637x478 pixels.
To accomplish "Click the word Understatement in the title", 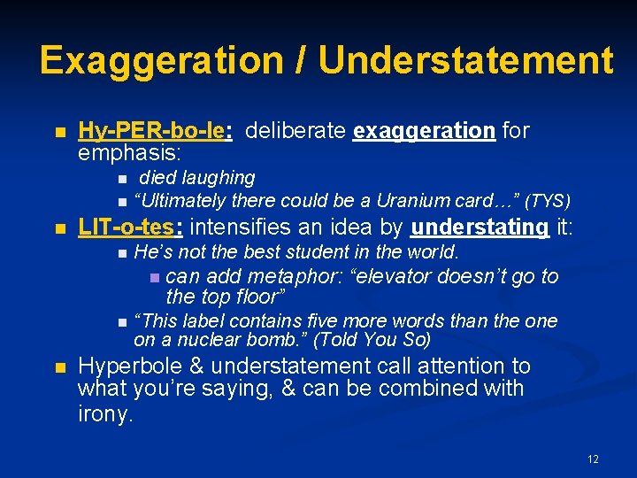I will (465, 60).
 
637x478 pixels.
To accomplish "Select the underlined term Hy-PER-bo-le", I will (155, 132).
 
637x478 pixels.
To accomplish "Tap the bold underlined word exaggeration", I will (424, 132).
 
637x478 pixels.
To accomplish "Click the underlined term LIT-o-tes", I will (130, 227).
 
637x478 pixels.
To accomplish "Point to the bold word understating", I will (480, 227).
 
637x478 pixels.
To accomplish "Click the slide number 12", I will (593, 459).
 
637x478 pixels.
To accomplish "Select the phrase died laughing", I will (196, 178).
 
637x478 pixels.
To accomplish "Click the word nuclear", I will (201, 339).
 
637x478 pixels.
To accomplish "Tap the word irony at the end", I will (105, 413).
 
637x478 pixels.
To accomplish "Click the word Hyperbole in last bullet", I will (124, 366).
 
